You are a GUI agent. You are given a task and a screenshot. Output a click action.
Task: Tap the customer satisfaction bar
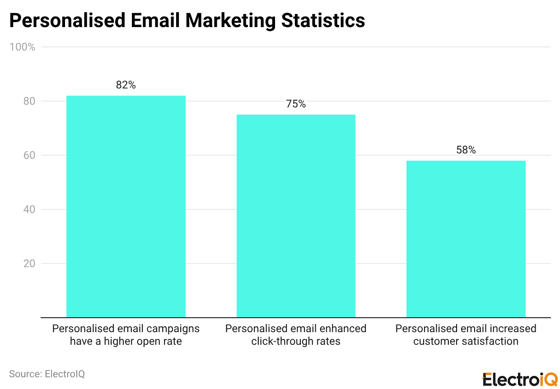click(466, 239)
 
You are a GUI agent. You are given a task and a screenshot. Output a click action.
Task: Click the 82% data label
click(126, 85)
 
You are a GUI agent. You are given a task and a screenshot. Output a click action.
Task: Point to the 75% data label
click(296, 104)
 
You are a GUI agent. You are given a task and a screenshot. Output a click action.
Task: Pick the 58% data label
click(466, 150)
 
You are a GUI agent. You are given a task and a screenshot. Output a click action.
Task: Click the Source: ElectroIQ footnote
click(47, 374)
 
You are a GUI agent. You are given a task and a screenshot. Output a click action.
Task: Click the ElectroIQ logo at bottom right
click(520, 380)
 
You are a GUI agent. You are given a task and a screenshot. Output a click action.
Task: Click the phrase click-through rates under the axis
click(296, 341)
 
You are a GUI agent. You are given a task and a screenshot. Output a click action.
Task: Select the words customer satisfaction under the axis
click(466, 341)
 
